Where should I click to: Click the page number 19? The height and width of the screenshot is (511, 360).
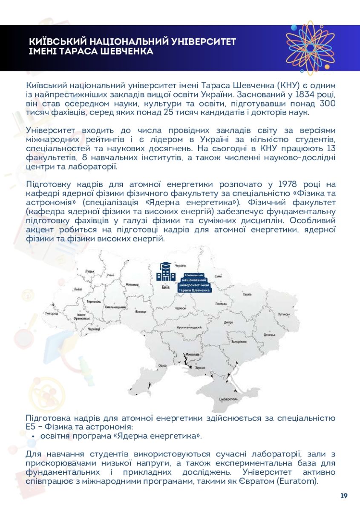(x=344, y=496)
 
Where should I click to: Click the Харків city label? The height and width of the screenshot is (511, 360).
(x=247, y=294)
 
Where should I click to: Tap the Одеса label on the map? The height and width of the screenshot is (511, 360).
(x=162, y=365)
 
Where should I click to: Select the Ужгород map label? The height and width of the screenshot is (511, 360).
(x=51, y=314)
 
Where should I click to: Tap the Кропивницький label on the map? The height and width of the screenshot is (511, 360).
(x=189, y=327)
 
